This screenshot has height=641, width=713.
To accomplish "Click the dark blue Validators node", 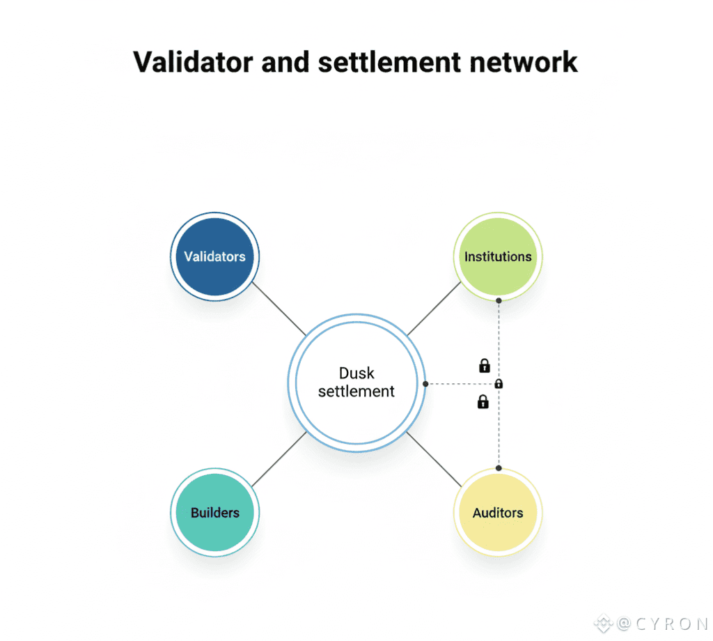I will (x=214, y=256).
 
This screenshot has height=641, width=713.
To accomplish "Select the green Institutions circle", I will (x=498, y=256).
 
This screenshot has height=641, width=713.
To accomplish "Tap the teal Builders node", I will (x=214, y=513).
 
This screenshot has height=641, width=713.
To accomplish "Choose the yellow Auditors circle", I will (x=498, y=513).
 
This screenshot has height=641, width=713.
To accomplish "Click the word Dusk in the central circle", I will (x=356, y=373).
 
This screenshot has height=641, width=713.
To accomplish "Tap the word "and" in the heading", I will (x=288, y=61).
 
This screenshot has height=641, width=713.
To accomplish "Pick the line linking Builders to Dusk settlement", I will (x=279, y=460).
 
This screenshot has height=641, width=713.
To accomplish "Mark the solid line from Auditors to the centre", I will (x=434, y=460).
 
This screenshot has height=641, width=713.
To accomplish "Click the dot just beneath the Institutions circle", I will (x=499, y=300).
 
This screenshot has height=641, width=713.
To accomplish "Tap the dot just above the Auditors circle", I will (x=499, y=468).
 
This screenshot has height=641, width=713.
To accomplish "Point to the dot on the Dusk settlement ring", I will (x=425, y=384).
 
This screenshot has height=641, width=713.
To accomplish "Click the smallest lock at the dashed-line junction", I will (x=499, y=384).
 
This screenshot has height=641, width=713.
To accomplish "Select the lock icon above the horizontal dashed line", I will (x=485, y=365).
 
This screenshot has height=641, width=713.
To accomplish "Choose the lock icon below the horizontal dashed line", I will (x=483, y=401).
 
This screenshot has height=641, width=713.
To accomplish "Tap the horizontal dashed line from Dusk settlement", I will (x=460, y=384).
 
